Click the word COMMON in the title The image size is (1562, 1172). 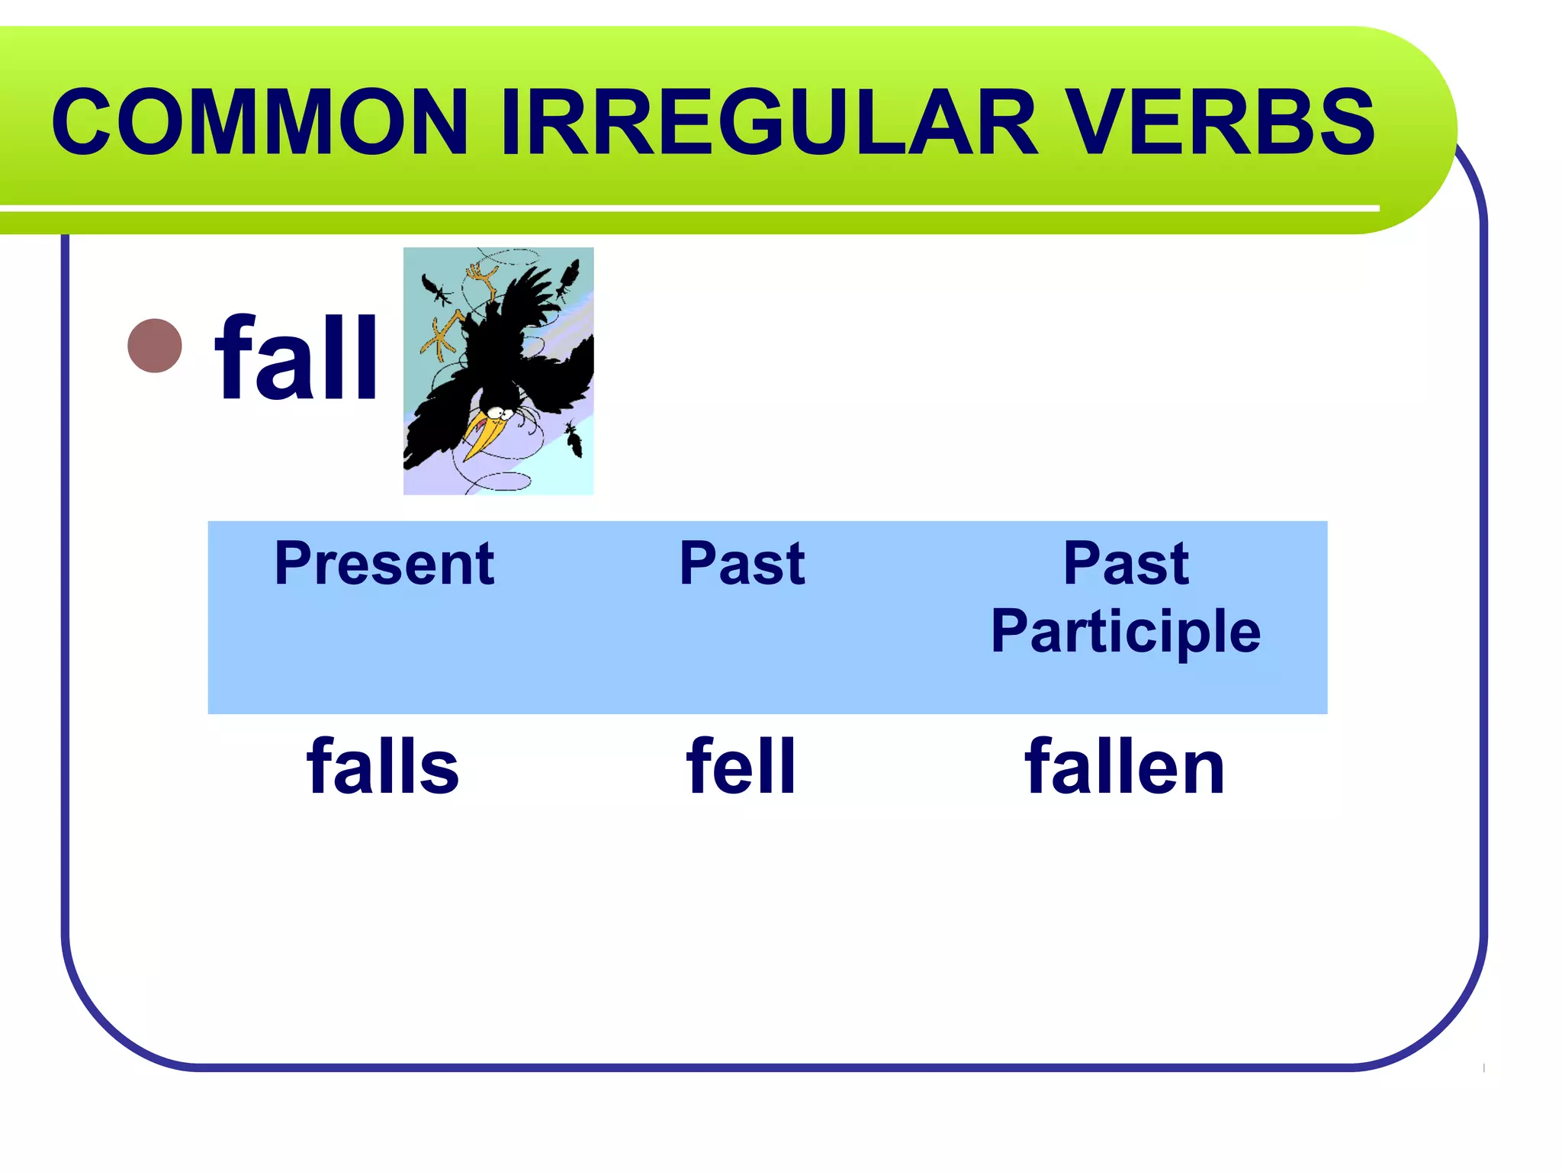pyautogui.click(x=259, y=122)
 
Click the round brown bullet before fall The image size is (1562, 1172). pyautogui.click(x=155, y=346)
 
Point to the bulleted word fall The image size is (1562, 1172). pyautogui.click(x=297, y=359)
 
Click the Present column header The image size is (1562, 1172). pyautogui.click(x=384, y=563)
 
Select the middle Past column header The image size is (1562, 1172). pyautogui.click(x=741, y=563)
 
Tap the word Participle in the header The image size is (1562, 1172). pyautogui.click(x=1126, y=632)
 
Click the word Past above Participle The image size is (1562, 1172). pyautogui.click(x=1126, y=563)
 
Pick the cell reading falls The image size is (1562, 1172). pyautogui.click(x=383, y=766)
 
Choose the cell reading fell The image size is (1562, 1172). pyautogui.click(x=741, y=766)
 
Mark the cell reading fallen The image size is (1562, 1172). pyautogui.click(x=1125, y=766)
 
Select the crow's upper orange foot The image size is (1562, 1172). pyautogui.click(x=482, y=275)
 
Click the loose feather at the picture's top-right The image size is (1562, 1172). pyautogui.click(x=568, y=279)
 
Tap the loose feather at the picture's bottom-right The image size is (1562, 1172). pyautogui.click(x=574, y=441)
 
